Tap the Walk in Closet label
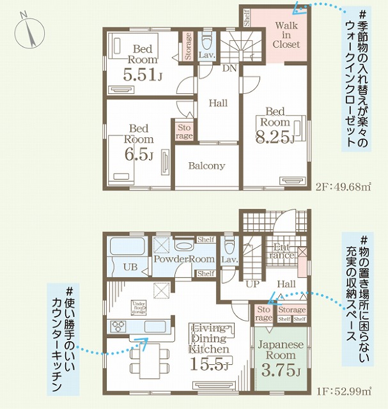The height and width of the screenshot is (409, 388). coord(286,35)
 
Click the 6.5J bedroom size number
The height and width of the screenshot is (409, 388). coord(139,154)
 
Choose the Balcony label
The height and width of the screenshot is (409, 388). coord(206,166)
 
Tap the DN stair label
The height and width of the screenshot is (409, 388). coord(227,68)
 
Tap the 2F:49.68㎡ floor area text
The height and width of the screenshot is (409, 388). coord(343,187)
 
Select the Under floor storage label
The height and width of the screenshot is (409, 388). coord(141,307)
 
